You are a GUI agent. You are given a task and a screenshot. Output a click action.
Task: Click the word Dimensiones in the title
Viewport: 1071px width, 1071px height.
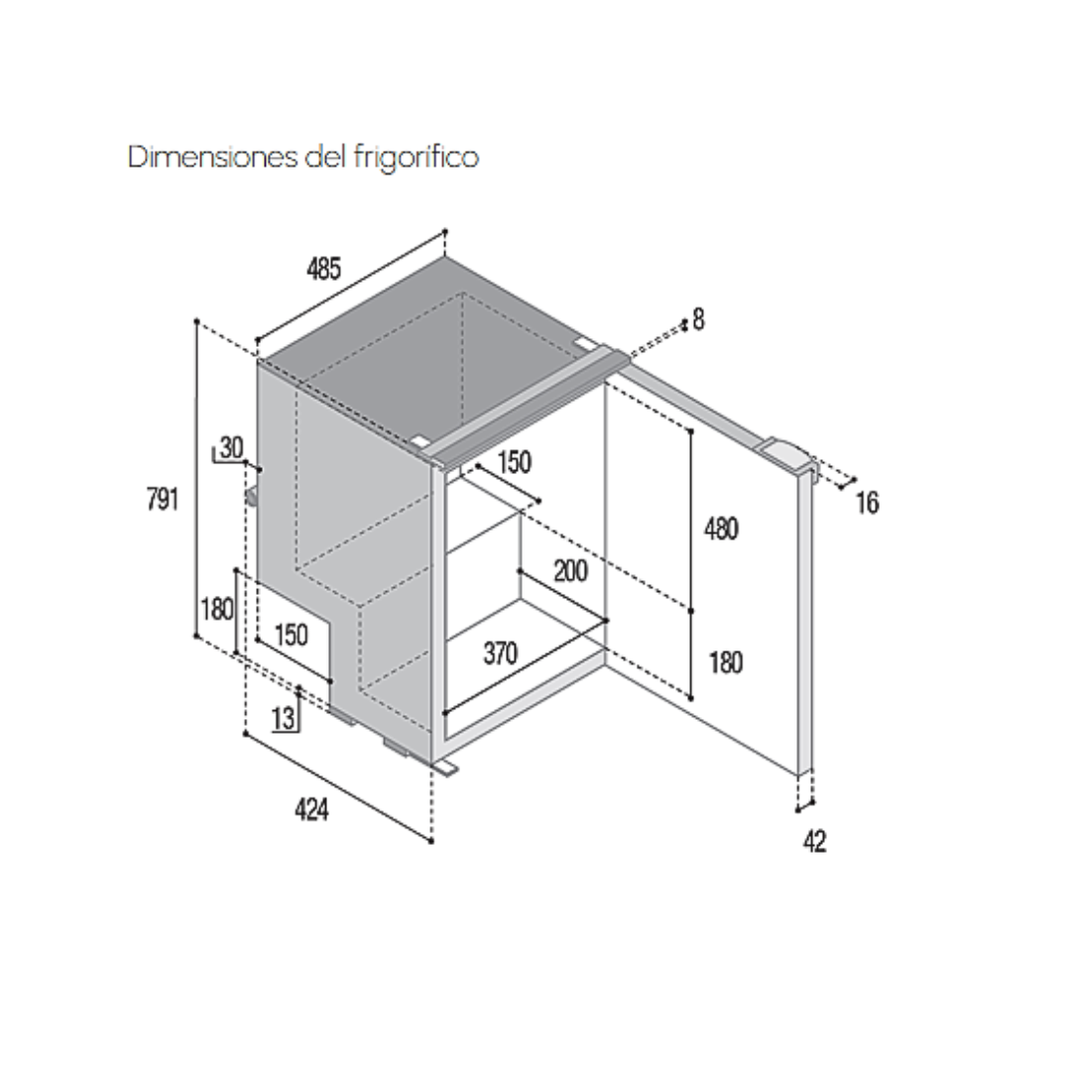(x=213, y=157)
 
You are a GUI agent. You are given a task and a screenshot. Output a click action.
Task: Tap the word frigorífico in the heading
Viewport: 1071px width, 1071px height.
(x=416, y=157)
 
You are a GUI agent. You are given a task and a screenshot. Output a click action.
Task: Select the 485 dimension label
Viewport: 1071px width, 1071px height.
(x=323, y=269)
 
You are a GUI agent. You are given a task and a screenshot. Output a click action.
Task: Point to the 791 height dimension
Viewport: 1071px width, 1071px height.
(x=163, y=499)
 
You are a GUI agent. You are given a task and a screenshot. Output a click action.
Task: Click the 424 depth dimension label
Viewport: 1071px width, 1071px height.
(x=311, y=809)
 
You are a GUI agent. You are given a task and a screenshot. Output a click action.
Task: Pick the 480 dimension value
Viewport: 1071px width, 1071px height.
(x=721, y=529)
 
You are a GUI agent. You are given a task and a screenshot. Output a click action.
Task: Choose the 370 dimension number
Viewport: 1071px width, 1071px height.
(x=501, y=654)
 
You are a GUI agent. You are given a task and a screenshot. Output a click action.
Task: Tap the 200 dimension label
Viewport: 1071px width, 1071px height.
(x=570, y=571)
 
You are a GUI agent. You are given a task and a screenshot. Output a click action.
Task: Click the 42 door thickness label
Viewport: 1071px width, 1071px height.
(x=815, y=841)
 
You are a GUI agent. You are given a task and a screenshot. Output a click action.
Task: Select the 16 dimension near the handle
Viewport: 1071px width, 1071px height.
(x=868, y=503)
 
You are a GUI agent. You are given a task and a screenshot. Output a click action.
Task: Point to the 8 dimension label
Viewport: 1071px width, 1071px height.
(x=698, y=319)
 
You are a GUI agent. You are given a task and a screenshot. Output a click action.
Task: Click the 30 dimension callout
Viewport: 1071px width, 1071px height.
(x=231, y=447)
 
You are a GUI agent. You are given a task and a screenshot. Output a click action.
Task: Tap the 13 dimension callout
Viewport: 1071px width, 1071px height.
(x=283, y=719)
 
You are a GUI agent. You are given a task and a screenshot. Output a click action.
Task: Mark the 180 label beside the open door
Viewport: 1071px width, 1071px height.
(x=725, y=662)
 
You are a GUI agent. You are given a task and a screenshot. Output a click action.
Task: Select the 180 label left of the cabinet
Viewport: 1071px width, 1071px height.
(x=217, y=609)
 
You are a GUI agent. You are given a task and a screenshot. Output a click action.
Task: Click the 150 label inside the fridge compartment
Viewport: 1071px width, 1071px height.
(x=515, y=462)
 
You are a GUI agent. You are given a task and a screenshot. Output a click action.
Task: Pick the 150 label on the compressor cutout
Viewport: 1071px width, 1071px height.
(x=291, y=636)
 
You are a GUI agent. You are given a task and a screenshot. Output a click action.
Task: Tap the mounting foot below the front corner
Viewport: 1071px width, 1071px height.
(x=444, y=769)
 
